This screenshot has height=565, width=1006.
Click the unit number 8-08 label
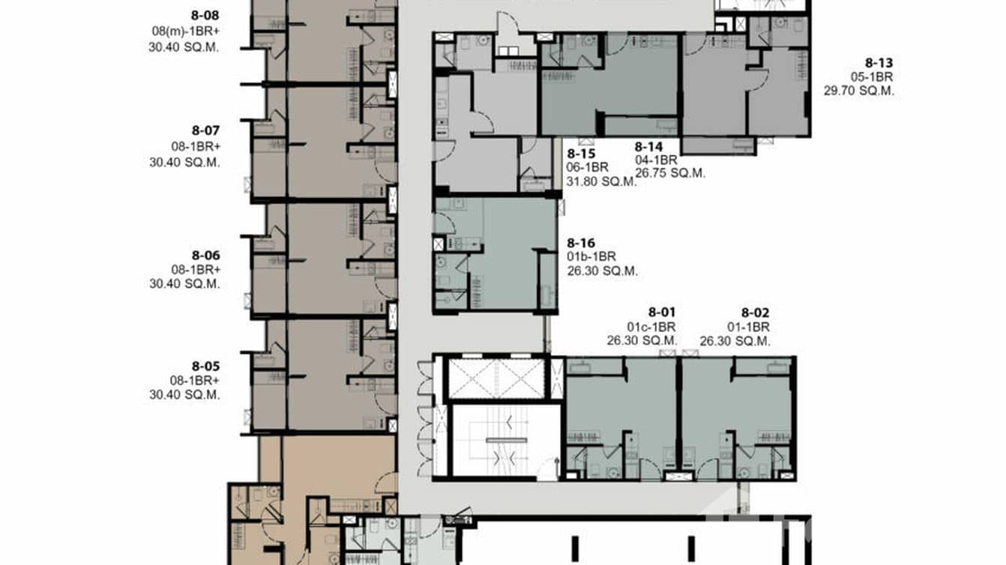[x=205, y=14]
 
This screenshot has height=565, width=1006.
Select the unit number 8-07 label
[x=205, y=130]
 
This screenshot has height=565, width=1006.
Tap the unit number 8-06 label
[x=205, y=255]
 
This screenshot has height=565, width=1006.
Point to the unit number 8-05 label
[x=205, y=366]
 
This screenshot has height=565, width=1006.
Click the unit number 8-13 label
[x=879, y=64]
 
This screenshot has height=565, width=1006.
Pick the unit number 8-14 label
[x=648, y=147]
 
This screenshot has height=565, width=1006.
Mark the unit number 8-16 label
[x=581, y=243]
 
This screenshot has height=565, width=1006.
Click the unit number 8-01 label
[x=662, y=312]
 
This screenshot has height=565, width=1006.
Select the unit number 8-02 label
[x=756, y=312]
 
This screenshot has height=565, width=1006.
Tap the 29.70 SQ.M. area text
[x=859, y=91]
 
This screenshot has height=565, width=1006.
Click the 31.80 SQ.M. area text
[x=602, y=181]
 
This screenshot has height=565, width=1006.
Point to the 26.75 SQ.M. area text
[x=670, y=173]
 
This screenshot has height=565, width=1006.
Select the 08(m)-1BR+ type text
[x=184, y=31]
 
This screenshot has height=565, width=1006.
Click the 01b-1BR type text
[x=591, y=257]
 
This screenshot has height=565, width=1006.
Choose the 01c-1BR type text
[x=651, y=327]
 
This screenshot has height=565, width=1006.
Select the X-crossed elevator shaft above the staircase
[x=496, y=378]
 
